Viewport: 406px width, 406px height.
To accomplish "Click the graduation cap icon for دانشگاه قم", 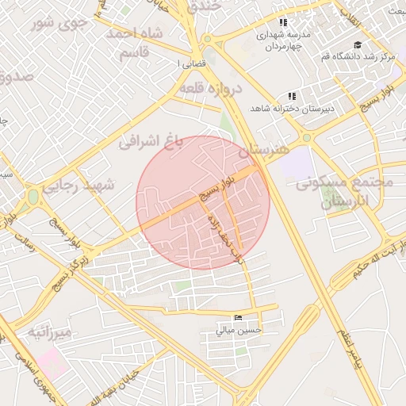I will click(x=358, y=44).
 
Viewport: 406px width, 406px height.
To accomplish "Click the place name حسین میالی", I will click(x=239, y=330).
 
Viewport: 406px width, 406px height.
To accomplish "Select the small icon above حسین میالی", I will click(x=239, y=318).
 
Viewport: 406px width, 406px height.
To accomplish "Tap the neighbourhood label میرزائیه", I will click(x=50, y=332).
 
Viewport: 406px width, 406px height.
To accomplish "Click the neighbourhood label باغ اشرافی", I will click(x=151, y=141).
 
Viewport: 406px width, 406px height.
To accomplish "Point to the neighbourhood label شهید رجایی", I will click(x=79, y=186).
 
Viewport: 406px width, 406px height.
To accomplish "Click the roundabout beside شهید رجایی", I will click(x=33, y=195).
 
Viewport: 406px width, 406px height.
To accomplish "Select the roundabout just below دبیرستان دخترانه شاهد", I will click(x=306, y=136).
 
